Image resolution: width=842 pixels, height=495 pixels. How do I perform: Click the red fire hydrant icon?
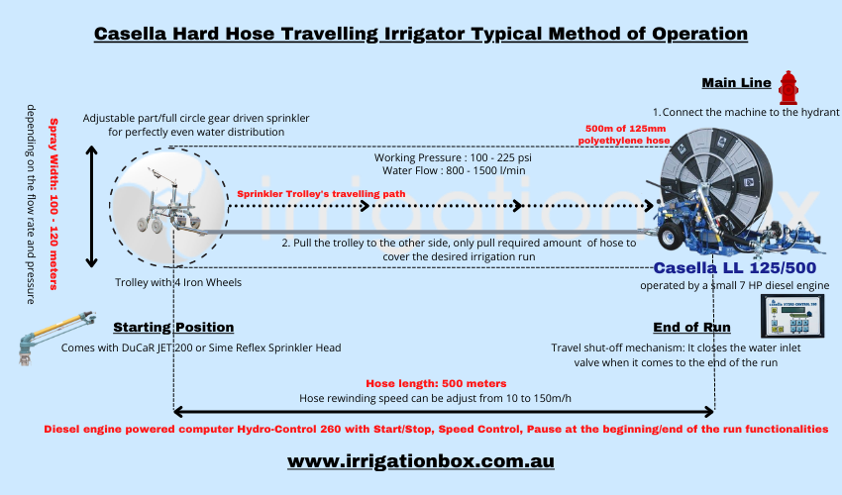789,88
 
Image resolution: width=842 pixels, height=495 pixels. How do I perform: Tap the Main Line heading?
736,83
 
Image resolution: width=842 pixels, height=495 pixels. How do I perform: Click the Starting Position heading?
173,327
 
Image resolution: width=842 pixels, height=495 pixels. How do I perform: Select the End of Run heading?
691,327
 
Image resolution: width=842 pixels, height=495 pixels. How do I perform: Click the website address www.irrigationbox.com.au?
420,461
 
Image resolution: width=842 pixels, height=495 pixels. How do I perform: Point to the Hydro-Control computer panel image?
792,316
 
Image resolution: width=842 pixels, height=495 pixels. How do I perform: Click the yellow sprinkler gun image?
56,338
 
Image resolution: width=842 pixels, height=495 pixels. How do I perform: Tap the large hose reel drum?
716,182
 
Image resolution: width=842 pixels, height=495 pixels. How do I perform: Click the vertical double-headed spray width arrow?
92,207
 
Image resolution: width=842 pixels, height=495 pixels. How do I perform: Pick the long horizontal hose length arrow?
444,412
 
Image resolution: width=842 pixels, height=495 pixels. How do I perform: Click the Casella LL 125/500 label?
735,267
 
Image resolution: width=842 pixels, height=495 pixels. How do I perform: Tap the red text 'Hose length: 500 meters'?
436,383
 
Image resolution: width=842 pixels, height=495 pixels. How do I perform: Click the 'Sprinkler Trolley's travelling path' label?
321,194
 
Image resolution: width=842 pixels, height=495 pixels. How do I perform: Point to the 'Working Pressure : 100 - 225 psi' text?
453,157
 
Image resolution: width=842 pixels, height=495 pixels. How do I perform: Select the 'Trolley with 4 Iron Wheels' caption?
178,282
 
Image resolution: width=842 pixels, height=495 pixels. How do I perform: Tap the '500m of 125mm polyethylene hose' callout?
624,135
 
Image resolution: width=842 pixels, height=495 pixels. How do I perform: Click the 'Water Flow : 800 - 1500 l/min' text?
454,170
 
